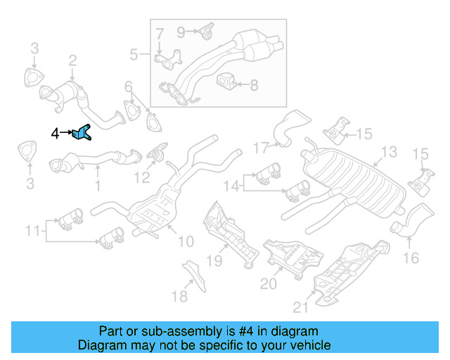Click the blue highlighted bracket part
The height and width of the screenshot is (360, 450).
[82, 132]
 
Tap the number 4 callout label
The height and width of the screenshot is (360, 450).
[55, 132]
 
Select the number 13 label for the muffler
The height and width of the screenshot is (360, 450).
[389, 152]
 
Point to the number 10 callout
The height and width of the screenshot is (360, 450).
[185, 242]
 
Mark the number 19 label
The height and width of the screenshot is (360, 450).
[214, 262]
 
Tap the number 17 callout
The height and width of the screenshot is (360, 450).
[261, 148]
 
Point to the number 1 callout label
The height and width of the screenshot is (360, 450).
[97, 186]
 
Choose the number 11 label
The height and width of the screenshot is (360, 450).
[33, 230]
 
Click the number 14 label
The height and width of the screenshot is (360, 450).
[231, 186]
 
